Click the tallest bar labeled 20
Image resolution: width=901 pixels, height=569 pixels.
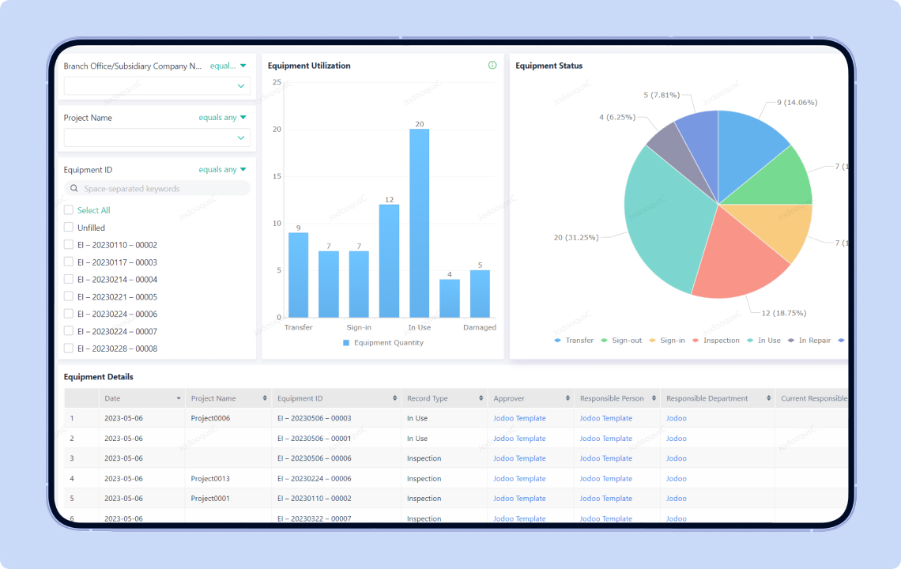coord(419,223)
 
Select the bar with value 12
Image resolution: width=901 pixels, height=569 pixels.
coord(389,261)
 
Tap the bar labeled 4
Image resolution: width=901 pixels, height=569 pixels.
coord(450,298)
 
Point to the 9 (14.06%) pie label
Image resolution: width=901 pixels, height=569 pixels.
coord(796,102)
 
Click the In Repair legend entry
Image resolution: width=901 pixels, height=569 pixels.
coord(814,341)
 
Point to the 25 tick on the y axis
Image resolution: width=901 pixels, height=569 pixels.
coord(277,82)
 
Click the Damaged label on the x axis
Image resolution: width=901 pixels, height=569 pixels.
coord(480,327)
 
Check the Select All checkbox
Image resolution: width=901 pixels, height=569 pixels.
coord(69,210)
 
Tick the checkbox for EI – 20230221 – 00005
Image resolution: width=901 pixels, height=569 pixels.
coord(69,297)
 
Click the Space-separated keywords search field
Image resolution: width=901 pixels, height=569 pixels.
coord(157,189)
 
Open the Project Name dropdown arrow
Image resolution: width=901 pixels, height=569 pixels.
coord(241,138)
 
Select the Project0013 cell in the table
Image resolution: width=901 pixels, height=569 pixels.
coord(210,479)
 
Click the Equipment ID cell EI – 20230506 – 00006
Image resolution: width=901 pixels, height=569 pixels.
coord(314,458)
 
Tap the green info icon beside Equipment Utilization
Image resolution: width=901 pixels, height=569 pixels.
coord(492,66)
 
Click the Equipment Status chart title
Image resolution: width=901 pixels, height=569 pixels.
coord(549,66)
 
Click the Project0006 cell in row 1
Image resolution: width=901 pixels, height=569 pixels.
coord(210,418)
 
